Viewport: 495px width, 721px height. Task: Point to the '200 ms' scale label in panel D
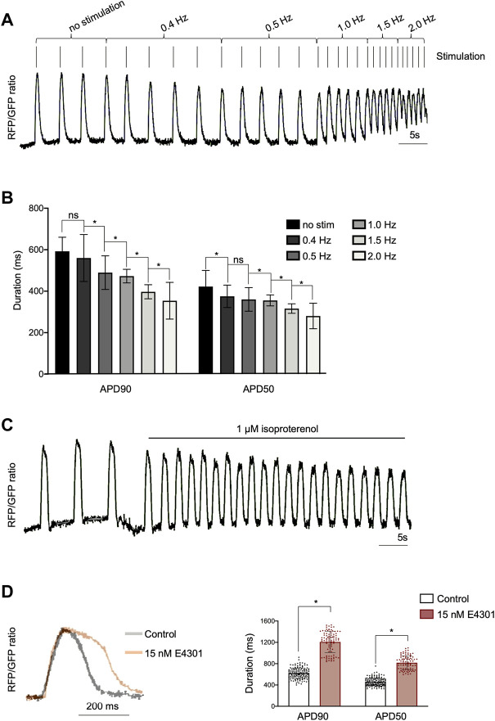(102, 707)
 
